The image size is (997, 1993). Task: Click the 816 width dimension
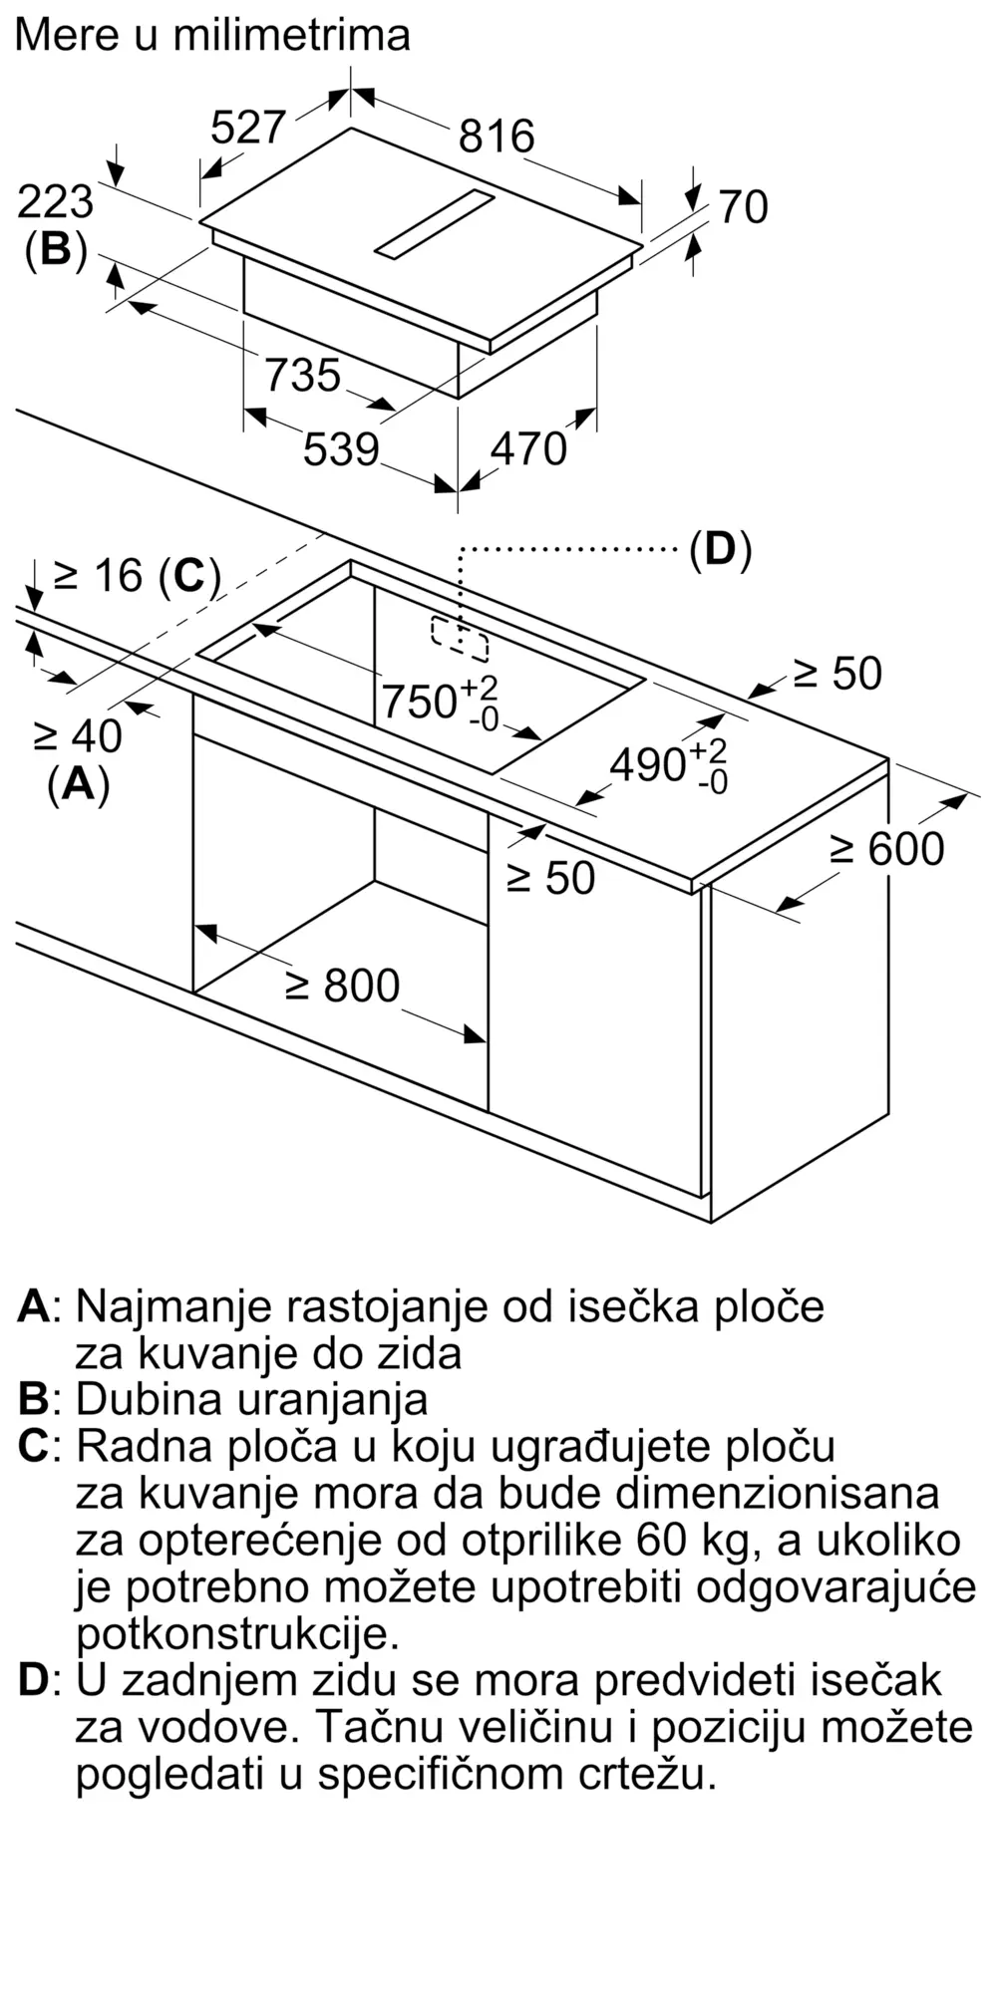[497, 136]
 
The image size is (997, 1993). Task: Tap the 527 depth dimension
[249, 127]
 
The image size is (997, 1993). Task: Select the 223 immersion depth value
[56, 202]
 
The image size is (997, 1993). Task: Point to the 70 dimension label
[744, 207]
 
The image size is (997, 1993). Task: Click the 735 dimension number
[303, 376]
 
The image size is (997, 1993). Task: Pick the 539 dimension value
[341, 449]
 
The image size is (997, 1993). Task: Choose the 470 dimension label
[528, 449]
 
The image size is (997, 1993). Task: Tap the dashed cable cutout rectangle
[460, 638]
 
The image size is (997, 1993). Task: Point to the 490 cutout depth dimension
[668, 765]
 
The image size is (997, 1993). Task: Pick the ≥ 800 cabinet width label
[342, 986]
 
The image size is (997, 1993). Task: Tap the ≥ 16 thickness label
[137, 575]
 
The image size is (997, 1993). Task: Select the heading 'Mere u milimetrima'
[212, 35]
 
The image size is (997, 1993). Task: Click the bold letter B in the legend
[34, 1399]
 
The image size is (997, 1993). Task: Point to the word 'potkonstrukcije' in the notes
[236, 1633]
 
